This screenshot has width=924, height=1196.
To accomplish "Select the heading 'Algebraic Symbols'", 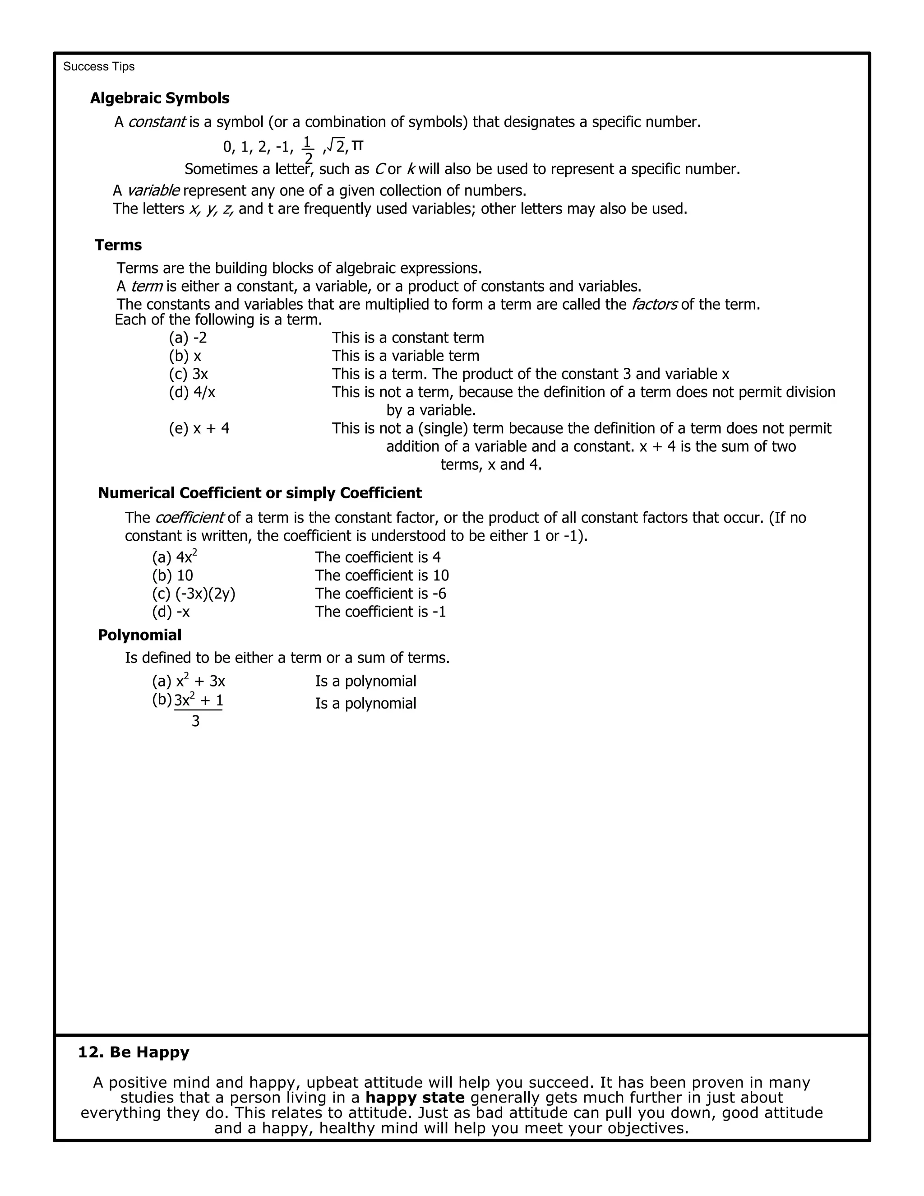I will pos(159,98).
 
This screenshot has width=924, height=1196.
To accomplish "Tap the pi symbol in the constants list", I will pos(357,145).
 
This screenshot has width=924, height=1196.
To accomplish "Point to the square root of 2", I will pos(336,146).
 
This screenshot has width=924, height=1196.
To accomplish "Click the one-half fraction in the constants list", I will pos(308,149).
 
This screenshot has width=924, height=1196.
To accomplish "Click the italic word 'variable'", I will pos(153,190).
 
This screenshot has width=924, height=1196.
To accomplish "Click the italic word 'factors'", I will pos(654,305).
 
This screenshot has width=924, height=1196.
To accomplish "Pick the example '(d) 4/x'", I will pos(192,392).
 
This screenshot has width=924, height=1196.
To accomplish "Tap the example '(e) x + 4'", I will pos(199,428).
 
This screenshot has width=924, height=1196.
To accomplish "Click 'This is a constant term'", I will pos(408,338).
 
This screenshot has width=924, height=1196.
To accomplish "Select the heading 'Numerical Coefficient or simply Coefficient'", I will pos(259,493).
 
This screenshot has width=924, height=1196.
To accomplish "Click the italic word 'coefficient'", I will pos(189,518).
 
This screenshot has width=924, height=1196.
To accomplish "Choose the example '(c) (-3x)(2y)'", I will pos(194,593).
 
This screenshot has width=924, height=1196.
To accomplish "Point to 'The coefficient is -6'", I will pos(380,593).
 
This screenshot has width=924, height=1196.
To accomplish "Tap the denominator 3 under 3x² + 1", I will pos(195,721).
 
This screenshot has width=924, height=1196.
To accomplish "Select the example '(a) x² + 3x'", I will pos(189,681).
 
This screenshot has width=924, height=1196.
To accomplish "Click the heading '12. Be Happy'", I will pos(134,1052).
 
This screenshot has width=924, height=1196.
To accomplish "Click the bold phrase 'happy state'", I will pos(415,1098).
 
